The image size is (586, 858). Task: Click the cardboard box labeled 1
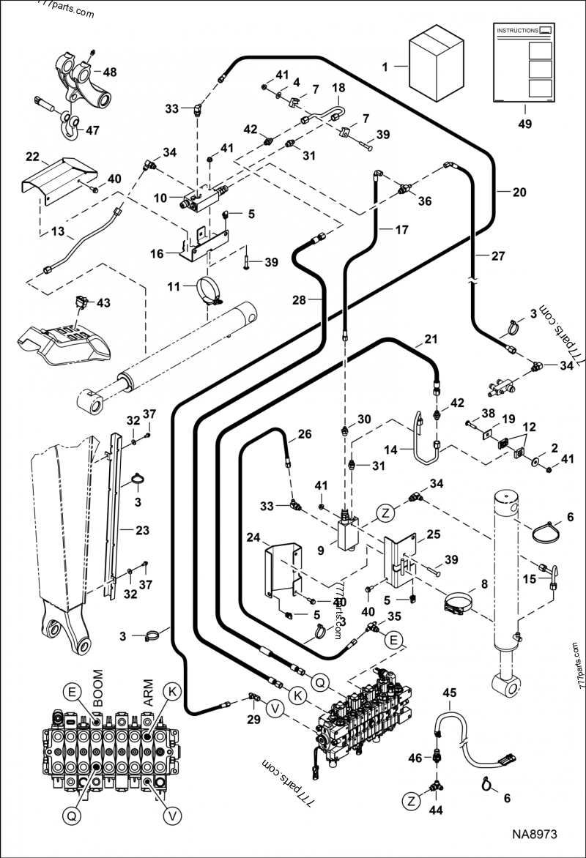437,66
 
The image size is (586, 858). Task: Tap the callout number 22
32,157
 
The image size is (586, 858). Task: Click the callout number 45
449,692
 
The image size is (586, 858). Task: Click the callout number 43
104,303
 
